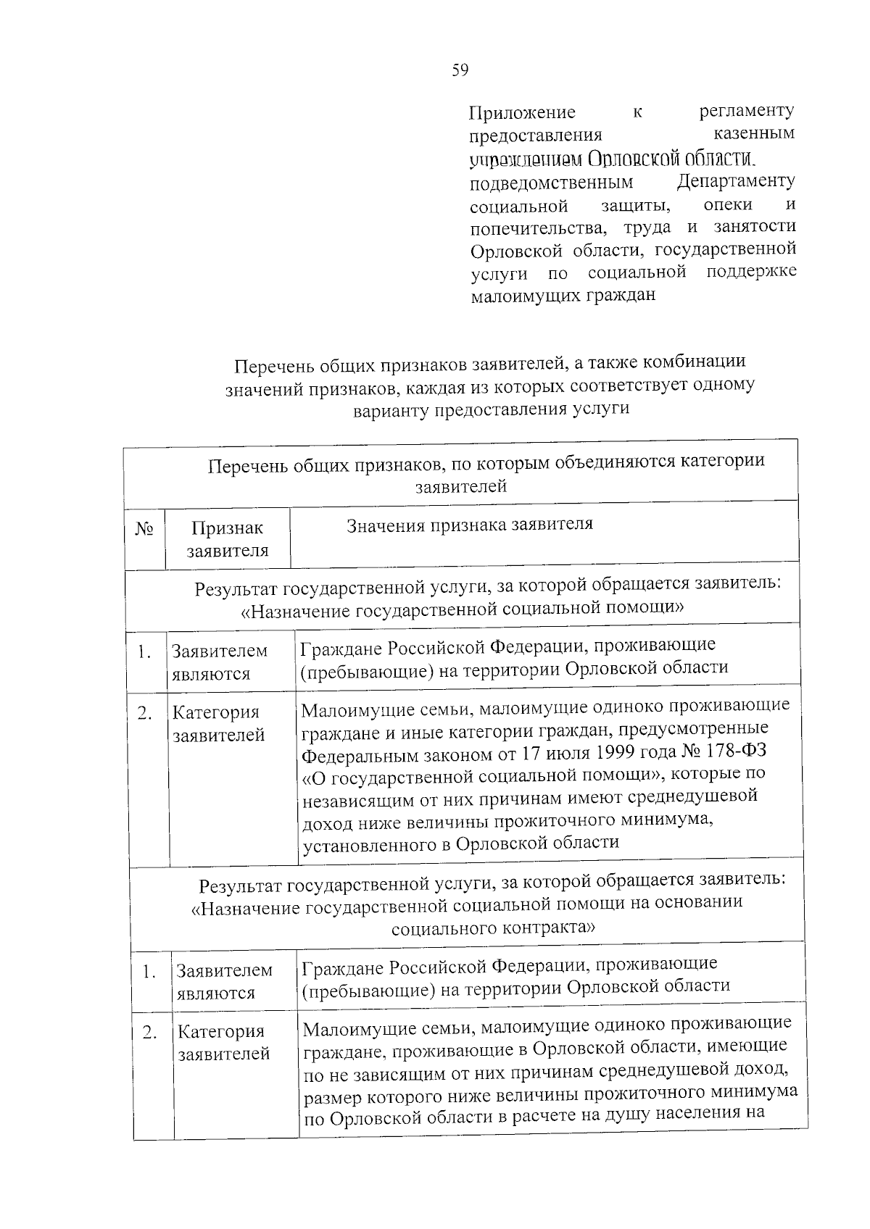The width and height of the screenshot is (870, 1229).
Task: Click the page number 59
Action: pos(460,70)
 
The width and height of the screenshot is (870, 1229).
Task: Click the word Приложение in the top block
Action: pos(522,112)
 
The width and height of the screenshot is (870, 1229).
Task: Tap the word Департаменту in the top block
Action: pos(736,180)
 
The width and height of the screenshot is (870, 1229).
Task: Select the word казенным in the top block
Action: pos(754,133)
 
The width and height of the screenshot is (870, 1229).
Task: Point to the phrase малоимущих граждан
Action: pos(563,295)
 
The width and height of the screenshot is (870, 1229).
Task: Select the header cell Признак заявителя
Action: pos(227,539)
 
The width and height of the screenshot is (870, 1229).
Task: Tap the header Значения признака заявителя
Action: pos(470,524)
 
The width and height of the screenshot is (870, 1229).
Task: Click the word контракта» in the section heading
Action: pos(548,928)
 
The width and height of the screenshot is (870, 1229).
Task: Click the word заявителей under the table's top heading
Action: pos(461,486)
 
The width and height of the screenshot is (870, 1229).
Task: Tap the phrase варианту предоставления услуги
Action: pos(491,409)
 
